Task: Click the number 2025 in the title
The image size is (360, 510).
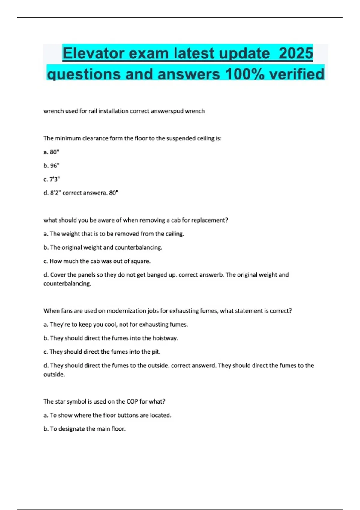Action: click(296, 53)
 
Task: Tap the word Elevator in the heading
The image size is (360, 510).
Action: click(93, 53)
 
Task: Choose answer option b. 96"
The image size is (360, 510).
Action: click(52, 166)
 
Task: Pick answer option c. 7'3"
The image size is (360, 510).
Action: click(52, 179)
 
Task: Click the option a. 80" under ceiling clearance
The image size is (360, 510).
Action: click(51, 152)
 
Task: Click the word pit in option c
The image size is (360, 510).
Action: click(156, 352)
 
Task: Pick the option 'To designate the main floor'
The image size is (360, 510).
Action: click(85, 429)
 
